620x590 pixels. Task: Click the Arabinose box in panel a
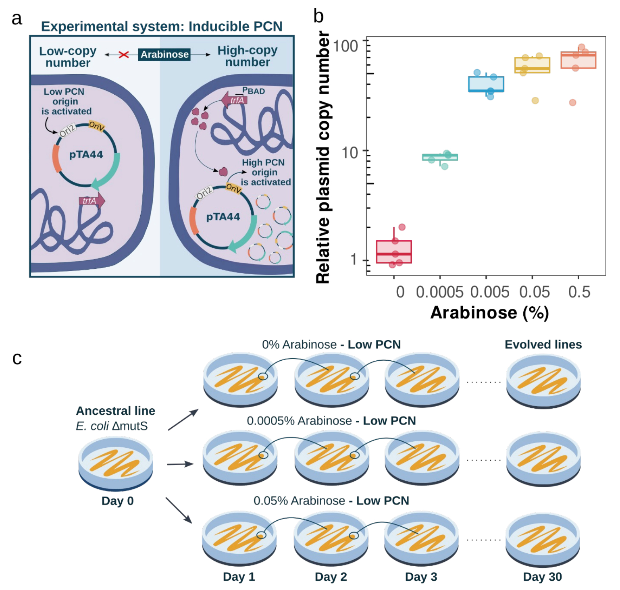pyautogui.click(x=164, y=54)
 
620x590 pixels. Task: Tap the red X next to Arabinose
pyautogui.click(x=123, y=54)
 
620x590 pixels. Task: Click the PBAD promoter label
pyautogui.click(x=254, y=91)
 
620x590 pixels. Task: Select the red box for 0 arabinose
pyautogui.click(x=394, y=252)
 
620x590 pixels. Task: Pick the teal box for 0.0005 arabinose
pyautogui.click(x=440, y=157)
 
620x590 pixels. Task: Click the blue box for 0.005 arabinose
pyautogui.click(x=486, y=84)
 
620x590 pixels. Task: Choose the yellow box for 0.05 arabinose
pyautogui.click(x=532, y=65)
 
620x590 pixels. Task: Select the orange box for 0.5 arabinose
pyautogui.click(x=578, y=60)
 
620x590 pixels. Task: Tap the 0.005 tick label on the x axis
pyautogui.click(x=490, y=292)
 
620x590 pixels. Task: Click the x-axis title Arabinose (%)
pyautogui.click(x=489, y=313)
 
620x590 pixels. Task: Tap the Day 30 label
pyautogui.click(x=542, y=577)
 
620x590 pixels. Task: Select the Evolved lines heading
pyautogui.click(x=543, y=345)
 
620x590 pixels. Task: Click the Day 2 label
pyautogui.click(x=331, y=577)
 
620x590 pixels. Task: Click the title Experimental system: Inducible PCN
pyautogui.click(x=162, y=27)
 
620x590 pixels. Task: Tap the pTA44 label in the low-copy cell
pyautogui.click(x=86, y=154)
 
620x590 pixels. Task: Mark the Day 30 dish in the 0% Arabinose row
pyautogui.click(x=543, y=381)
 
